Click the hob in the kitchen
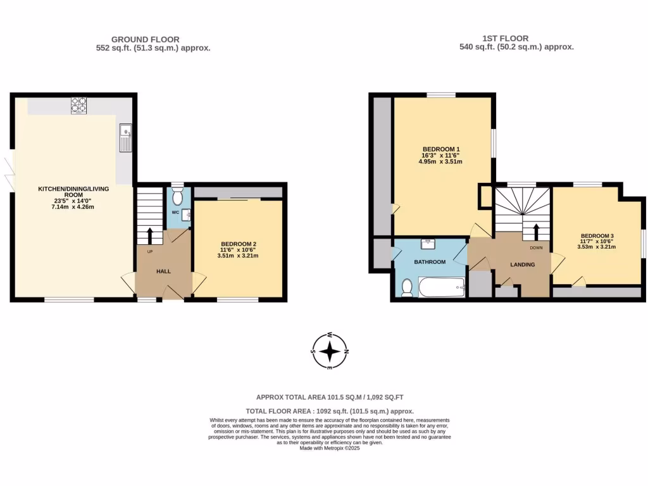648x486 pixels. (x=79, y=105)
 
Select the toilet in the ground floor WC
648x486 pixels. (x=177, y=196)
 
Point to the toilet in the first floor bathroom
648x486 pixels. (x=407, y=288)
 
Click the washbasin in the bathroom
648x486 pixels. (x=428, y=242)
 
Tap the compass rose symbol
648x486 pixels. (x=330, y=351)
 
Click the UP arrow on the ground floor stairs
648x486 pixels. (x=150, y=235)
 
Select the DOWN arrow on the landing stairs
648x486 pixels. (x=537, y=232)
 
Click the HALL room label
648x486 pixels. (x=164, y=271)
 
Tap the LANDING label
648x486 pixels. (x=523, y=265)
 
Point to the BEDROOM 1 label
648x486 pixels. (x=440, y=149)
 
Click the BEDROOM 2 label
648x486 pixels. (x=238, y=244)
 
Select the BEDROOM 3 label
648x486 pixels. (x=597, y=235)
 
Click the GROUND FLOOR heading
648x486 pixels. (x=146, y=39)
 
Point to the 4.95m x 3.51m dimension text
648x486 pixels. (x=440, y=162)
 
